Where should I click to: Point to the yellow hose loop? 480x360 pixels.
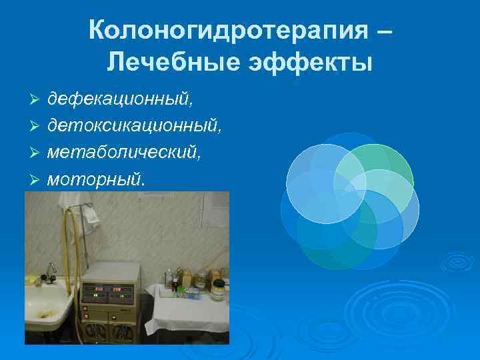coord(67,227)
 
